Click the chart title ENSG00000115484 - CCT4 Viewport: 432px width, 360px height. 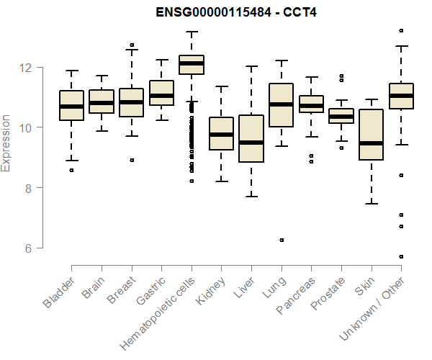236,12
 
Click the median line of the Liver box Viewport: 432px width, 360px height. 251,143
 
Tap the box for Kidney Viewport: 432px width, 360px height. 221,133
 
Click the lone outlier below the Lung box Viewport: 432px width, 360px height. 282,240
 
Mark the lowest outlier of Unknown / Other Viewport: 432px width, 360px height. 401,256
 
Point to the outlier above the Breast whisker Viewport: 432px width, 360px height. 132,45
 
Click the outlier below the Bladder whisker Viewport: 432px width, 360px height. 71,170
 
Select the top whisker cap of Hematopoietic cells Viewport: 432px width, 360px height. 192,32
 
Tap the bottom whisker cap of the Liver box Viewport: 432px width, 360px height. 251,196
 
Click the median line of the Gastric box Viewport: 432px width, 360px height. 161,95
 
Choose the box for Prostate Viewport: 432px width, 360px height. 341,116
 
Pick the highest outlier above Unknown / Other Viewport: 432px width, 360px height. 401,30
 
